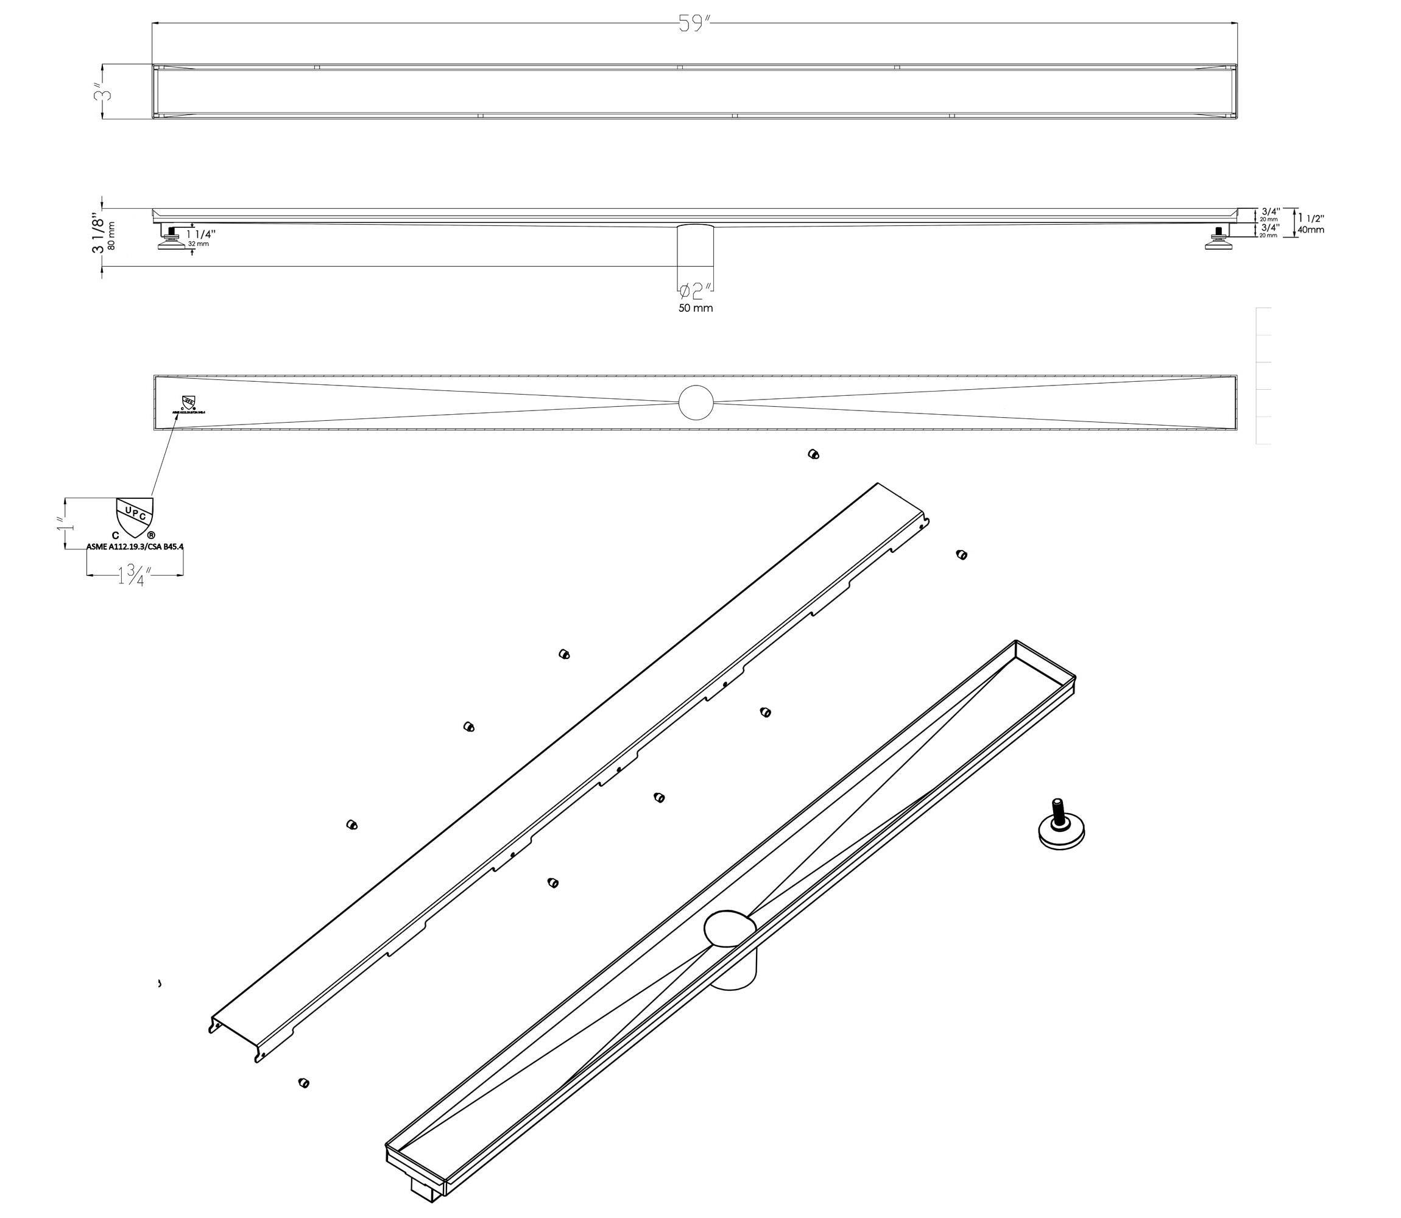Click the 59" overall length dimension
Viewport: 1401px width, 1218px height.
tap(694, 24)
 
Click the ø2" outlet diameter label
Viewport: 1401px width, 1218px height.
tap(696, 292)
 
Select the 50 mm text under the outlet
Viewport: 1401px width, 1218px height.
tap(696, 309)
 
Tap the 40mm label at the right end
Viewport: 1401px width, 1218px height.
tap(1311, 230)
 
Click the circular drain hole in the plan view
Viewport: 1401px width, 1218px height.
tap(696, 403)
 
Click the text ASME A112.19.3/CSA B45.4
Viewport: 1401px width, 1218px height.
tap(135, 546)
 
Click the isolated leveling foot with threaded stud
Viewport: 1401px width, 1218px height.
tap(1061, 825)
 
